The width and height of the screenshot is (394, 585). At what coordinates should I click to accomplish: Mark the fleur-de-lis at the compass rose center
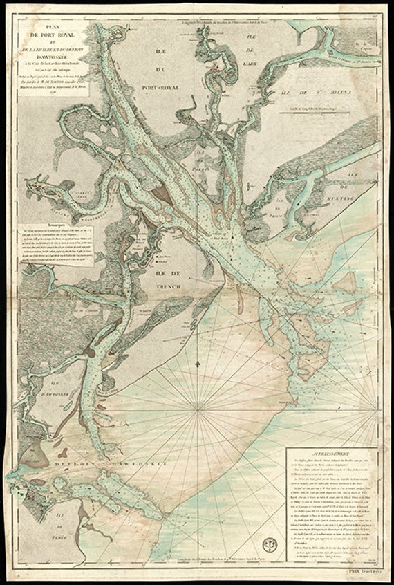point(197,362)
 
